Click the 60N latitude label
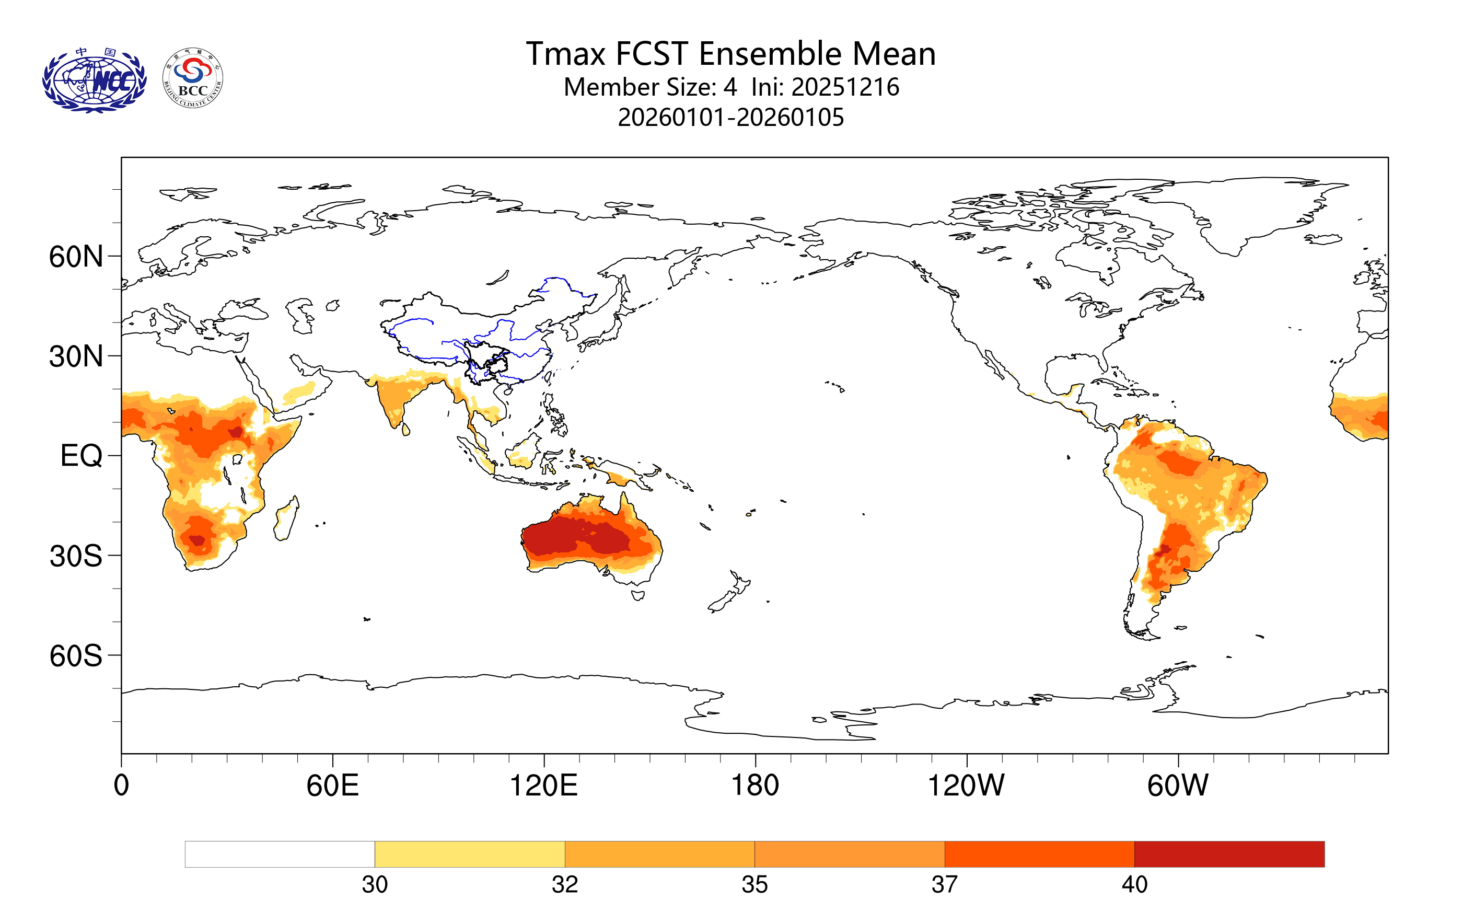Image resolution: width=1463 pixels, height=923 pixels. point(76,257)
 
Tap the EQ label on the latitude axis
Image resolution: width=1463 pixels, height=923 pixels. point(81,456)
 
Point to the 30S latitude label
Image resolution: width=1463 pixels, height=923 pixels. point(76,556)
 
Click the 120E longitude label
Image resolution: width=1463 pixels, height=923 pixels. point(543,786)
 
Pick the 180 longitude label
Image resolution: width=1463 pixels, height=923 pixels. point(754,786)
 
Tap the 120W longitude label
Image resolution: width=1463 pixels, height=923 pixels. point(966,786)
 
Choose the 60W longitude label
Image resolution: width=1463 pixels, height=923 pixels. point(1177,786)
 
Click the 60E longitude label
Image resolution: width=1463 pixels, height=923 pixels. point(332,786)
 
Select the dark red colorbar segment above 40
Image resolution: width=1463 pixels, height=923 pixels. point(1229,855)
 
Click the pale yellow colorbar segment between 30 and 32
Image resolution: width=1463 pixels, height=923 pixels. point(470,855)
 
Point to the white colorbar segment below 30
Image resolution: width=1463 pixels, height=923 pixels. point(280,855)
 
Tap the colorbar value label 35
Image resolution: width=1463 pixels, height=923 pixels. point(754,885)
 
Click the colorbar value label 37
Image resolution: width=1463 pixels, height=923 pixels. point(944,885)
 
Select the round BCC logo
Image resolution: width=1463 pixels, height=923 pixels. point(193,78)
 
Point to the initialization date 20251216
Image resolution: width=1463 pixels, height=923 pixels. point(844,87)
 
